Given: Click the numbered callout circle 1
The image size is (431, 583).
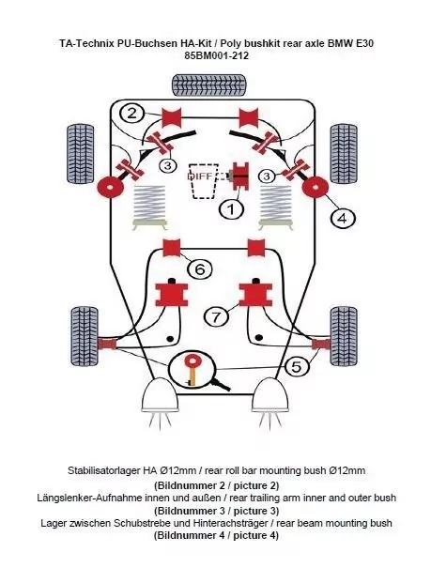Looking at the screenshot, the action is pyautogui.click(x=231, y=209).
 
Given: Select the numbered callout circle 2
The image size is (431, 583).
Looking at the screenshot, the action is pyautogui.click(x=132, y=113).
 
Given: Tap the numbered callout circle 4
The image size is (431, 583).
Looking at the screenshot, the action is pyautogui.click(x=343, y=218).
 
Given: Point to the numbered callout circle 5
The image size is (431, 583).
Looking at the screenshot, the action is pyautogui.click(x=297, y=367).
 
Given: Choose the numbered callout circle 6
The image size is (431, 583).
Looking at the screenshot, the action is pyautogui.click(x=200, y=268).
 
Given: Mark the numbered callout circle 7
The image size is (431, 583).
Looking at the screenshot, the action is pyautogui.click(x=216, y=317).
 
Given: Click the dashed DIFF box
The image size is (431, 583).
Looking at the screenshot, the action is pyautogui.click(x=203, y=180).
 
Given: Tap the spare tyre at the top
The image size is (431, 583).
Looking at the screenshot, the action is pyautogui.click(x=209, y=84).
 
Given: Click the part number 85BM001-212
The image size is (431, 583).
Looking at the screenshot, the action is pyautogui.click(x=216, y=55).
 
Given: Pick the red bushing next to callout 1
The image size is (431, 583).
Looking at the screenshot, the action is pyautogui.click(x=240, y=176).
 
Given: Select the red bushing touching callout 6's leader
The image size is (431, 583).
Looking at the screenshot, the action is pyautogui.click(x=172, y=248).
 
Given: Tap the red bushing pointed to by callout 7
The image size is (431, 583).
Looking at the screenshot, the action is pyautogui.click(x=255, y=295).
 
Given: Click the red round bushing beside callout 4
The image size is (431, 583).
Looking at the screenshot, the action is pyautogui.click(x=315, y=187).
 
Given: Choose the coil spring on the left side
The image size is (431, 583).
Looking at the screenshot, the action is pyautogui.click(x=149, y=207).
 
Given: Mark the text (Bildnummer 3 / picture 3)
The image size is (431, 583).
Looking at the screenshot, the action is pyautogui.click(x=216, y=511).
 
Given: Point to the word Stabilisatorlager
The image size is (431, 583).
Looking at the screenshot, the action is pyautogui.click(x=103, y=470).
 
